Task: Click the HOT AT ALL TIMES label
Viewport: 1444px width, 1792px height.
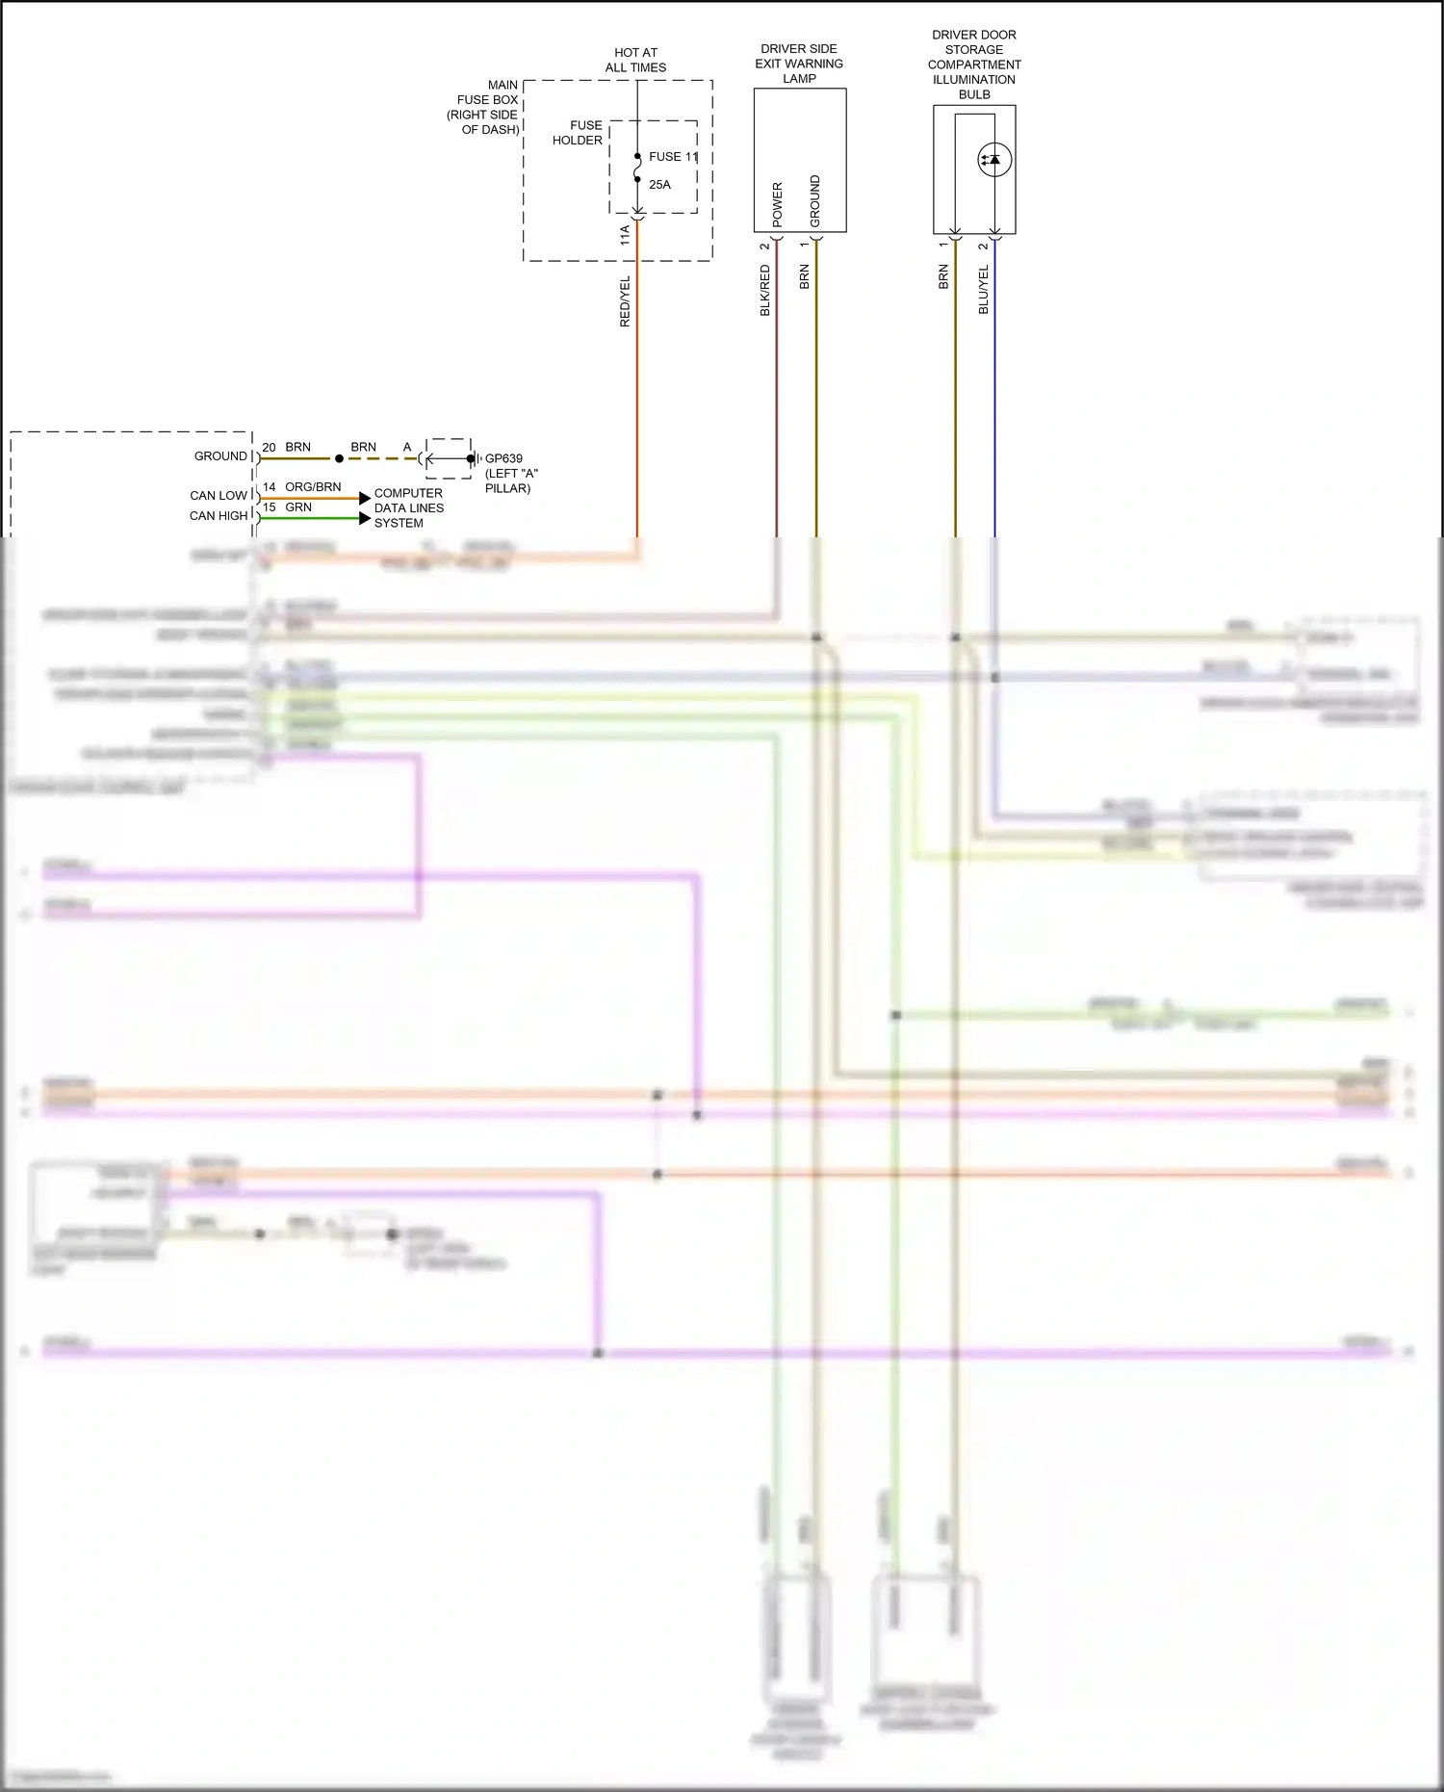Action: point(635,60)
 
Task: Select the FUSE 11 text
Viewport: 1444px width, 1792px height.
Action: point(673,156)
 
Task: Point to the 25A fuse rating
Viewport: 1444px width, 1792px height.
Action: point(659,184)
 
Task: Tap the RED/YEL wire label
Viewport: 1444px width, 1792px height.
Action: point(625,301)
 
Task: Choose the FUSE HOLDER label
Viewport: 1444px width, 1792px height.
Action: point(578,133)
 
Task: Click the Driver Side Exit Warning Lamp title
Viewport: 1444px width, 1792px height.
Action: point(799,64)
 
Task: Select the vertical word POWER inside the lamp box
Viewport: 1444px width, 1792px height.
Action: point(778,204)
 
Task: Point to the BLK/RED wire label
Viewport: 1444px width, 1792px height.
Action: point(765,290)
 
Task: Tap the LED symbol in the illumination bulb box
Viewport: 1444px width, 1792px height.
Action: point(993,160)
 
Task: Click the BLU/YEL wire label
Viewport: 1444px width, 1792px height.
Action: point(983,289)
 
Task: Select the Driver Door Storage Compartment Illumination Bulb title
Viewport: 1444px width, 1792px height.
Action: point(974,65)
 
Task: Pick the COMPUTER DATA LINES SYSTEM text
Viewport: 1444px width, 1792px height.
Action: point(409,507)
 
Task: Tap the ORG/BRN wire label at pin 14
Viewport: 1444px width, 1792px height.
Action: point(313,487)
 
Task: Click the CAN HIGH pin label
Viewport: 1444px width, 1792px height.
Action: point(219,516)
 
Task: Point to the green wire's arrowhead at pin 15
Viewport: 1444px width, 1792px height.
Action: point(365,518)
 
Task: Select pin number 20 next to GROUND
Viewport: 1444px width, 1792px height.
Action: point(269,448)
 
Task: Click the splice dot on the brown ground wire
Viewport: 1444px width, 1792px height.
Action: point(339,459)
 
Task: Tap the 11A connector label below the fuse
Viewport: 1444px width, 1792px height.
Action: point(625,234)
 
